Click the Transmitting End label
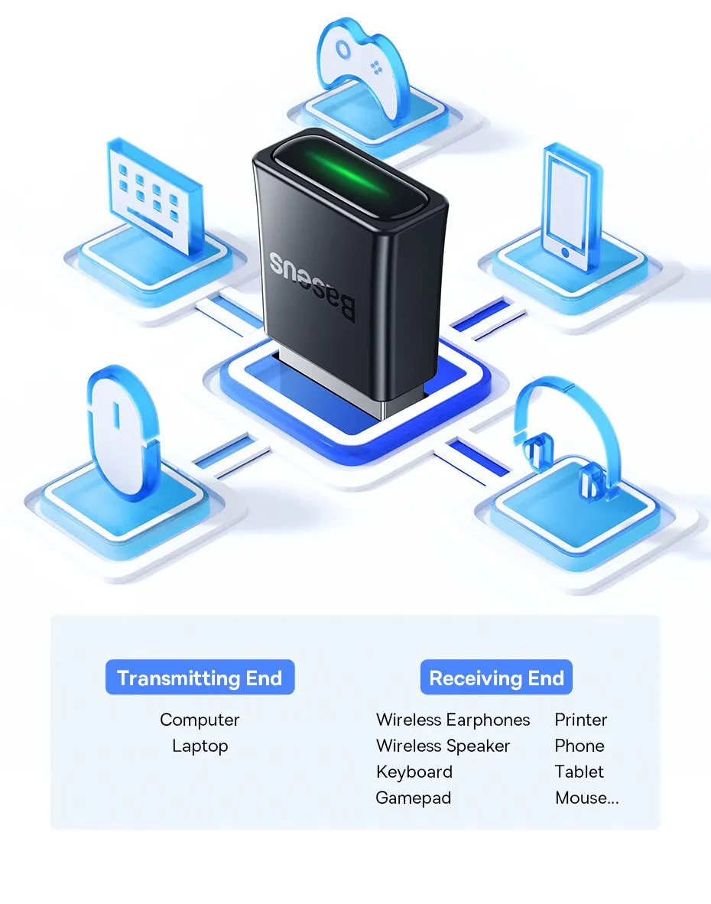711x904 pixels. pyautogui.click(x=200, y=678)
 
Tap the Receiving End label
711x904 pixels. pyautogui.click(x=496, y=678)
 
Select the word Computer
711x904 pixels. pyautogui.click(x=200, y=720)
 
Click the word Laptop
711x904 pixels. pyautogui.click(x=200, y=746)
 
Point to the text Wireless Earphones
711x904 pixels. pyautogui.click(x=453, y=720)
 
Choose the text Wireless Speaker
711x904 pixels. pyautogui.click(x=443, y=746)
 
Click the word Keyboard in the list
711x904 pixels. pyautogui.click(x=414, y=772)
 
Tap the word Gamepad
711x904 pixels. pyautogui.click(x=414, y=798)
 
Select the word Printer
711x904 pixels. pyautogui.click(x=581, y=720)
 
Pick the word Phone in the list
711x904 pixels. pyautogui.click(x=580, y=746)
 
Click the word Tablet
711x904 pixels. pyautogui.click(x=580, y=772)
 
